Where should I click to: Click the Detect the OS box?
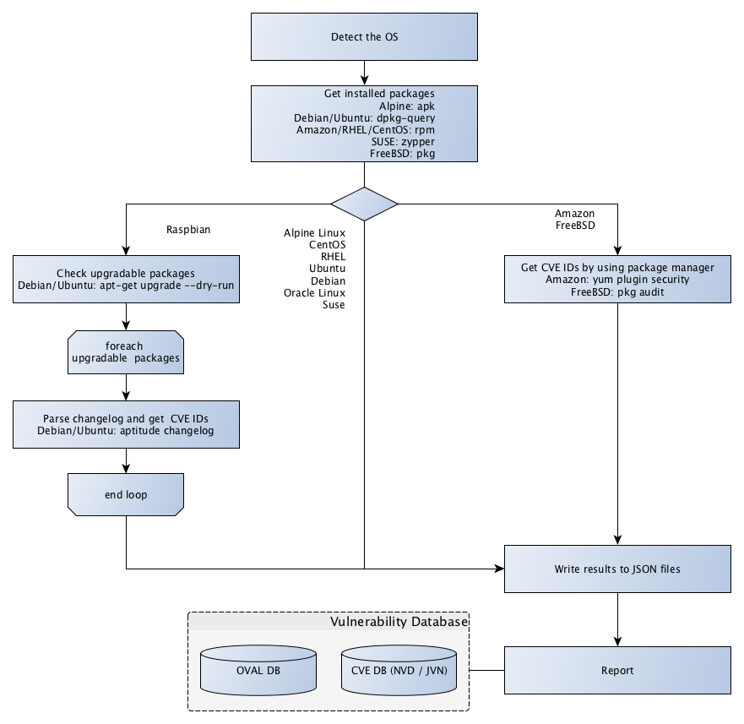point(364,37)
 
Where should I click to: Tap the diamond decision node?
point(364,204)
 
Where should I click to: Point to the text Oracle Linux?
point(315,292)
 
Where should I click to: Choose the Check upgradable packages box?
point(126,280)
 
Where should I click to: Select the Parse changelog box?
point(126,425)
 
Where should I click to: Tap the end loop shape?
point(126,494)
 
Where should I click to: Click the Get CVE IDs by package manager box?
point(618,280)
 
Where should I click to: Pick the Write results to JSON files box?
point(618,569)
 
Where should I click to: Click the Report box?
point(618,672)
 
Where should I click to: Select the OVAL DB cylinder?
point(259,672)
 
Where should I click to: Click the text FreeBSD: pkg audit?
point(618,291)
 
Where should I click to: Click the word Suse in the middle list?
point(334,305)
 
